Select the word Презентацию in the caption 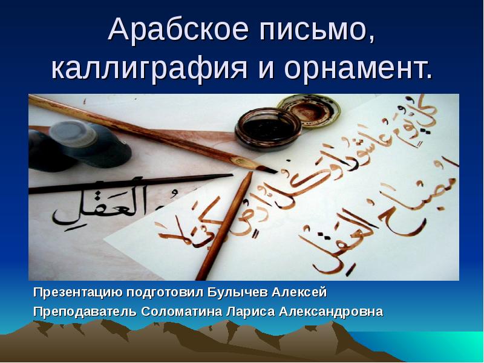pos(77,293)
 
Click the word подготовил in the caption pos(165,293)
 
